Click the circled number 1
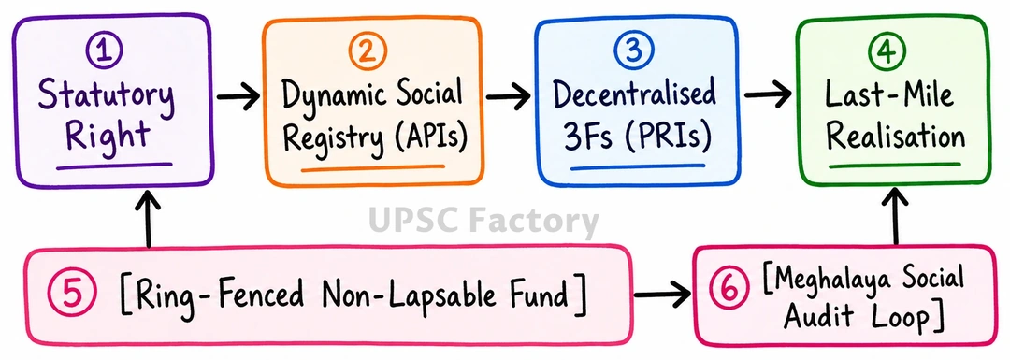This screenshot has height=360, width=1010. click(x=105, y=51)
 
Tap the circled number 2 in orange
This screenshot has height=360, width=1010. click(x=367, y=51)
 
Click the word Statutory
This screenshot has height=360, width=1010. click(x=106, y=98)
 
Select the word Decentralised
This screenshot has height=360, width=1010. click(x=635, y=96)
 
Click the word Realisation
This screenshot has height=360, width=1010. click(x=895, y=137)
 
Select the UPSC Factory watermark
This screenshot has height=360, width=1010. click(x=483, y=222)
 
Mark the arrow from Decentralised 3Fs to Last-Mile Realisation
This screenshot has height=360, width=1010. click(x=768, y=95)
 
